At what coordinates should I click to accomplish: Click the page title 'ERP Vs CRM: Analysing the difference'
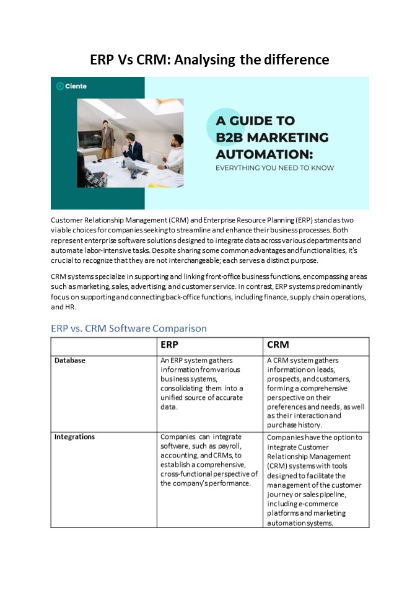pos(209,59)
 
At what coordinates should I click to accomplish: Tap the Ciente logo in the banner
pos(71,86)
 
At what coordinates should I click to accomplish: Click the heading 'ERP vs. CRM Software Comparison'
pos(129,328)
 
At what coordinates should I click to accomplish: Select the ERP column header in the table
pos(171,345)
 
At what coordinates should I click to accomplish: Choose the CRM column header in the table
pos(278,345)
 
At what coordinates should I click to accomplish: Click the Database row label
pos(70,360)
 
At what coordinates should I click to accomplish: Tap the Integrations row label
pos(74,436)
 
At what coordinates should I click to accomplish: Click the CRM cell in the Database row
pos(316,392)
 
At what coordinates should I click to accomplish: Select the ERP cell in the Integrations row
pos(209,460)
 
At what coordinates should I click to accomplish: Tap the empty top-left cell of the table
pos(103,346)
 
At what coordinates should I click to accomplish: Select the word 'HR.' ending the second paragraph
pos(57,307)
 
